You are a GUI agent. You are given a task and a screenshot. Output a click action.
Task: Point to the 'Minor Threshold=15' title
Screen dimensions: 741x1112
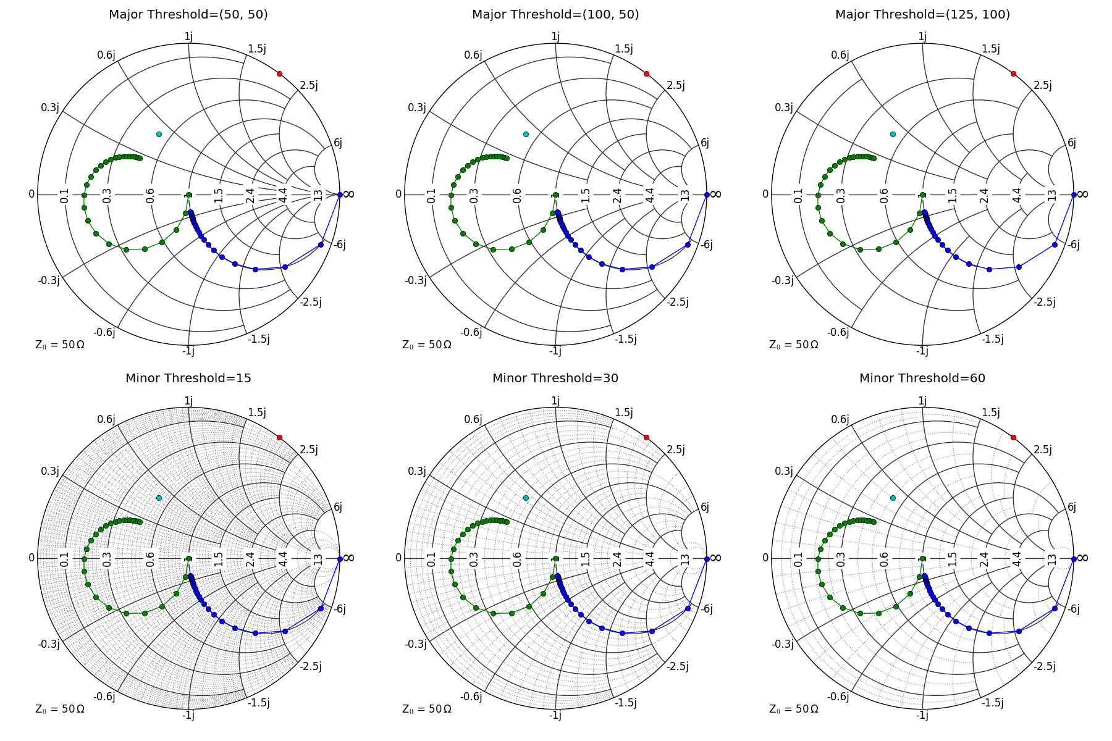188,378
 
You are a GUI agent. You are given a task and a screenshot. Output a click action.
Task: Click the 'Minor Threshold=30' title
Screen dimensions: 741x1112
555,378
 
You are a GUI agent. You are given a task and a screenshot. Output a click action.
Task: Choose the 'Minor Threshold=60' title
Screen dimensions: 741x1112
922,378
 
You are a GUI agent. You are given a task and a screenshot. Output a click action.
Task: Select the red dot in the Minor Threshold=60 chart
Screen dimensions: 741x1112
1013,437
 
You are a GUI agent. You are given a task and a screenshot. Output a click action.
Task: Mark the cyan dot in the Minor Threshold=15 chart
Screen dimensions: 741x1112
159,498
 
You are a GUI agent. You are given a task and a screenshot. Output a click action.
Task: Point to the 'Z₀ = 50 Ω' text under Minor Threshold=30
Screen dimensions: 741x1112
427,709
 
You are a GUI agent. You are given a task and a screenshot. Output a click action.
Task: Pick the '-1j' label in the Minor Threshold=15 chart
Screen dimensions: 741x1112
188,715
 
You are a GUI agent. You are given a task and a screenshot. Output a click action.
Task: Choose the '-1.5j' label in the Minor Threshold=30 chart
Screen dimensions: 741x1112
625,703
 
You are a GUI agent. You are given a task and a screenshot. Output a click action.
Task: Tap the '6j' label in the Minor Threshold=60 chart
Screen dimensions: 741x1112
1072,507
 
